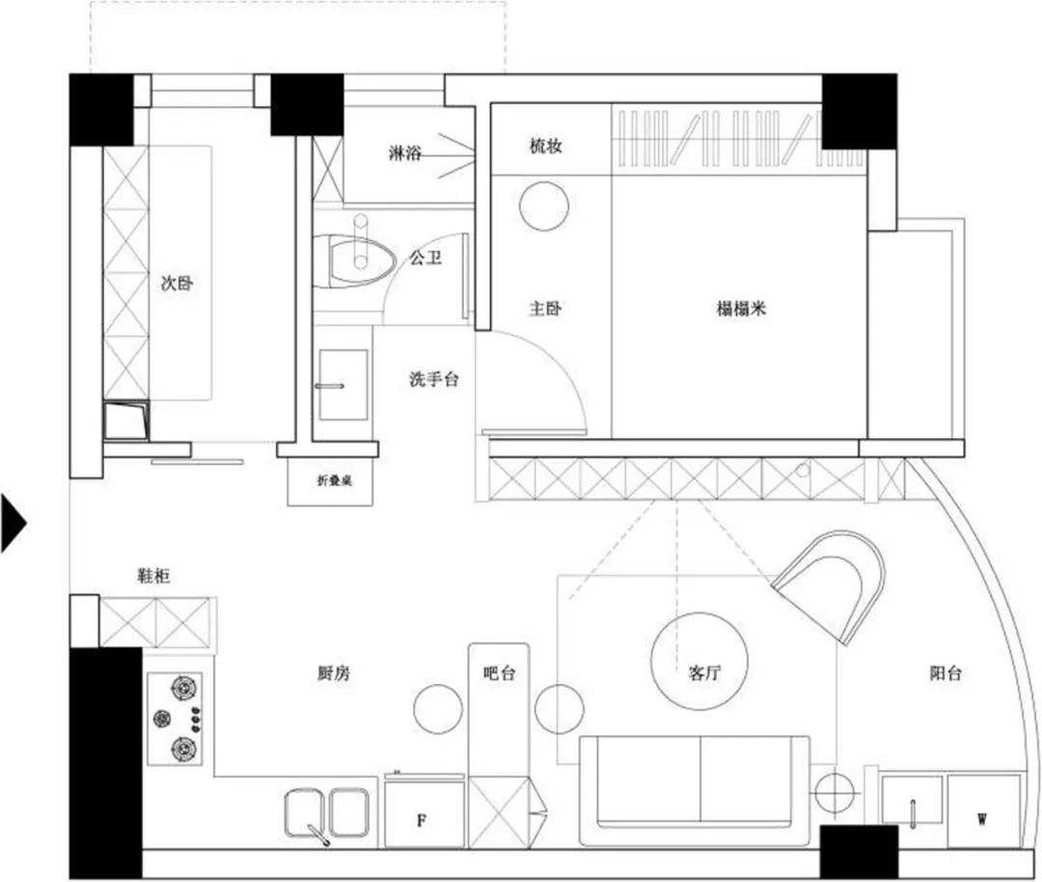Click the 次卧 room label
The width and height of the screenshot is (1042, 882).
(177, 283)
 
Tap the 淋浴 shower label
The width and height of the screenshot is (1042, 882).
(404, 153)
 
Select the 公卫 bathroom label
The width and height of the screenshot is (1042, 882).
(425, 258)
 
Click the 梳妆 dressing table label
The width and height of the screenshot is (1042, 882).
(545, 146)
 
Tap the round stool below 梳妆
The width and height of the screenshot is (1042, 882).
(544, 207)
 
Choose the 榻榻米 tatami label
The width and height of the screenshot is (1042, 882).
(741, 309)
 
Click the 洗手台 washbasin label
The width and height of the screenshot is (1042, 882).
(433, 379)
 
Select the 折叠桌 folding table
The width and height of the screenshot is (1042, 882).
(330, 482)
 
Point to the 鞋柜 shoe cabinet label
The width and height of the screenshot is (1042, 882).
(153, 575)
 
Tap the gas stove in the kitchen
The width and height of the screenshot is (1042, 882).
(176, 719)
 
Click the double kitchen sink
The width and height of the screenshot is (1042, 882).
(327, 814)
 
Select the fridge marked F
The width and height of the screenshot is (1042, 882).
(425, 813)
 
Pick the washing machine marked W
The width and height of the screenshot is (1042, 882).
(983, 811)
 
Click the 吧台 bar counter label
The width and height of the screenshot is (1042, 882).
(499, 673)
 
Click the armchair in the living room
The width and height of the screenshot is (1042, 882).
(831, 585)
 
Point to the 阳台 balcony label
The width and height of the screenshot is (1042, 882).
(945, 673)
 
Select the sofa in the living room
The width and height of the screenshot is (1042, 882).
(695, 790)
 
